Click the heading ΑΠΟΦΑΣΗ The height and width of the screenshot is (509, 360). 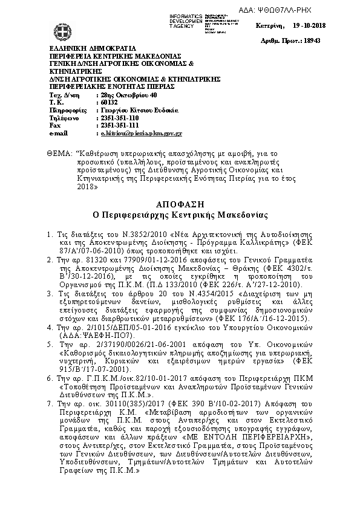(180, 204)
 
